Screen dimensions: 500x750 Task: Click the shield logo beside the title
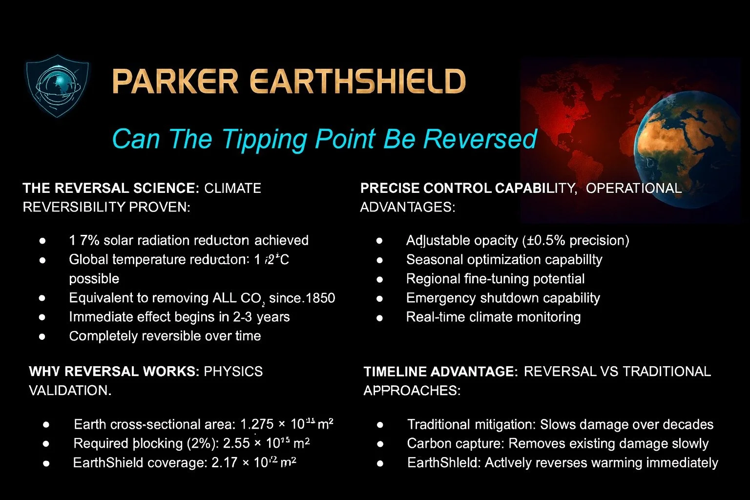[57, 86]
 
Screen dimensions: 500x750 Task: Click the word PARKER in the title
[175, 82]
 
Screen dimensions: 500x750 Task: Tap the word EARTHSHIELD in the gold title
[357, 82]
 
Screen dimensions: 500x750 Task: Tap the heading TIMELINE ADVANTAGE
[440, 372]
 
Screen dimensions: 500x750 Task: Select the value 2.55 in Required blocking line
[236, 443]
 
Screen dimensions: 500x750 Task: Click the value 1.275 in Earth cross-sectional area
[257, 424]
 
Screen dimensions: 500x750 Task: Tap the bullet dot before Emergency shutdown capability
[379, 298]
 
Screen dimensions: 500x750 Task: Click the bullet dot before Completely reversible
[42, 336]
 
